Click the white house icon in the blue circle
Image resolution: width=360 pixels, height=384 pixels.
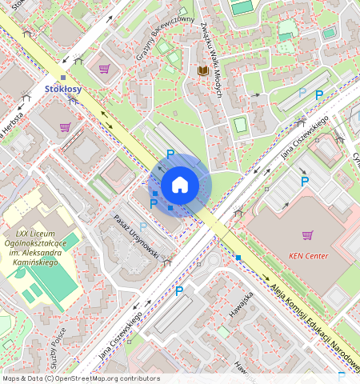(x=180, y=186)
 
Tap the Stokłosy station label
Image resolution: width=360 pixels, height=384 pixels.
(x=63, y=90)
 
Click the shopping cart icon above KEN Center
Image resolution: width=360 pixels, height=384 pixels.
(x=307, y=234)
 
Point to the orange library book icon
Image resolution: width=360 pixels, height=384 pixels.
(x=202, y=71)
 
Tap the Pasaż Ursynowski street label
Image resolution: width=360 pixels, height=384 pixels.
(x=138, y=233)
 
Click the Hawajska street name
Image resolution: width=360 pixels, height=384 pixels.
(x=241, y=304)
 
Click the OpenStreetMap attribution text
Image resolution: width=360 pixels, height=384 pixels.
(x=81, y=378)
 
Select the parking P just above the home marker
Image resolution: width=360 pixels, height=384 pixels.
(x=170, y=154)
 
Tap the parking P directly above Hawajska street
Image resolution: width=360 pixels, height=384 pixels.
(x=179, y=291)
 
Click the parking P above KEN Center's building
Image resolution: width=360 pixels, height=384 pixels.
(x=304, y=182)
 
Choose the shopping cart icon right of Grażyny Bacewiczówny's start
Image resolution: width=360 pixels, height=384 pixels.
(x=104, y=69)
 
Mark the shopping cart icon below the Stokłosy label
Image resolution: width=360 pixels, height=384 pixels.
(x=64, y=127)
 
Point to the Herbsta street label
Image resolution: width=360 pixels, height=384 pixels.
(x=12, y=126)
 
